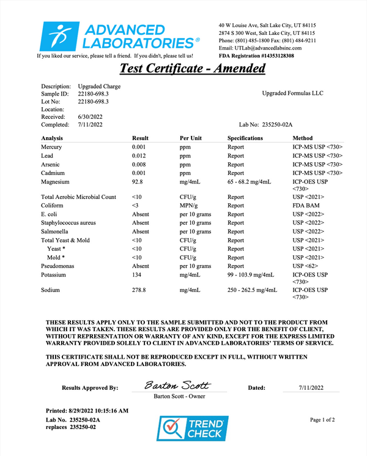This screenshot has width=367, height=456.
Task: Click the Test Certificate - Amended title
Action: (x=192, y=68)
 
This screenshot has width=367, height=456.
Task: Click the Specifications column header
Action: (x=245, y=138)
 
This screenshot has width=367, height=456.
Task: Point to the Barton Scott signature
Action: (x=177, y=386)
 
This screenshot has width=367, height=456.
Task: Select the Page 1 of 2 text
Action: (x=322, y=420)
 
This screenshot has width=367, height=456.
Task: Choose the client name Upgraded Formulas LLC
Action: (x=292, y=94)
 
